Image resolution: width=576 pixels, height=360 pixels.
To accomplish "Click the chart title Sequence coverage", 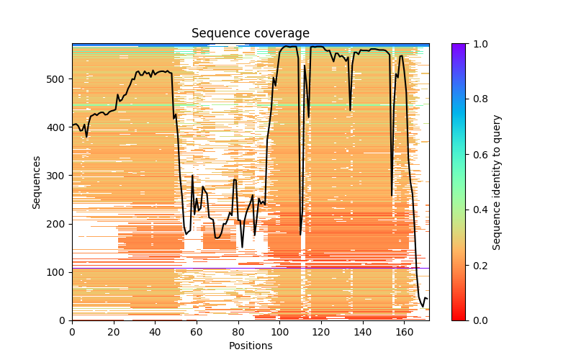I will pyautogui.click(x=251, y=34).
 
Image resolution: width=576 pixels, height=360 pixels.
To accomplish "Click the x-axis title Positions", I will pyautogui.click(x=251, y=346).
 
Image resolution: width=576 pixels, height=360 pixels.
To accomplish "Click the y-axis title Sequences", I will pyautogui.click(x=36, y=182).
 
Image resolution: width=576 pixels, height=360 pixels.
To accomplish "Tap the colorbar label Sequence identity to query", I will pyautogui.click(x=497, y=182).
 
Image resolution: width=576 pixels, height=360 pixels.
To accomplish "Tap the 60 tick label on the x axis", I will pyautogui.click(x=197, y=332).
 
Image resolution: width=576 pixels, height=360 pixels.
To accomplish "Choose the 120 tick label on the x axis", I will pyautogui.click(x=321, y=332).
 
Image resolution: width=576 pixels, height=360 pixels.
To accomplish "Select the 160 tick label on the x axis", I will pyautogui.click(x=405, y=332).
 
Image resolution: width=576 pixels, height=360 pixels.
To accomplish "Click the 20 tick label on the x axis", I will pyautogui.click(x=114, y=332).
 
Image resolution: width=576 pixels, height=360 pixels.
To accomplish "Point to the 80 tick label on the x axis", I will pyautogui.click(x=238, y=332).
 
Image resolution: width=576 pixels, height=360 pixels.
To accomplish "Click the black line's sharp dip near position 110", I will pyautogui.click(x=300, y=234).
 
